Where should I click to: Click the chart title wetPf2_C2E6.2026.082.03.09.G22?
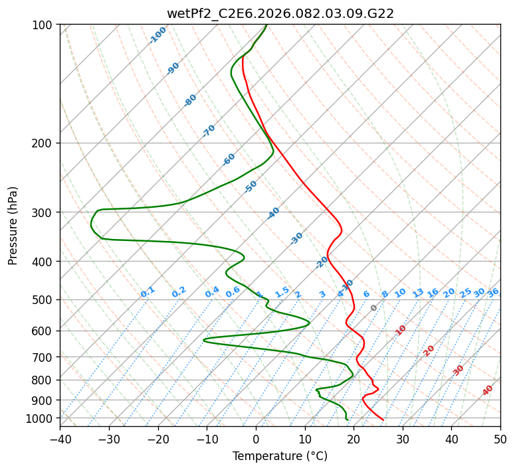(x=280, y=13)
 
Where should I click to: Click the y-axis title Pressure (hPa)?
(x=13, y=225)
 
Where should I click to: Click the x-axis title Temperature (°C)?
(x=280, y=456)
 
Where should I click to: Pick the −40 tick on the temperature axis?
(x=60, y=439)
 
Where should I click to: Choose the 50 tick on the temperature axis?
(x=500, y=439)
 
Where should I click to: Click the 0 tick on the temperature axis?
(x=256, y=439)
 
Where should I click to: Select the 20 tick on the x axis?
(x=354, y=439)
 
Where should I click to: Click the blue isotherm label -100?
(x=157, y=35)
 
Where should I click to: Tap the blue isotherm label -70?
(x=209, y=131)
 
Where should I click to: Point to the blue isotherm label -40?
(x=273, y=213)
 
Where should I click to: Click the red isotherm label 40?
(x=488, y=391)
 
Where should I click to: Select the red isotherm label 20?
(x=429, y=350)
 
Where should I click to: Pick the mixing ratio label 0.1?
(x=148, y=292)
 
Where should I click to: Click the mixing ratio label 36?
(x=493, y=292)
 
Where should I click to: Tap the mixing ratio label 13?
(x=418, y=293)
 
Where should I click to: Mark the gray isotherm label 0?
(x=374, y=308)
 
